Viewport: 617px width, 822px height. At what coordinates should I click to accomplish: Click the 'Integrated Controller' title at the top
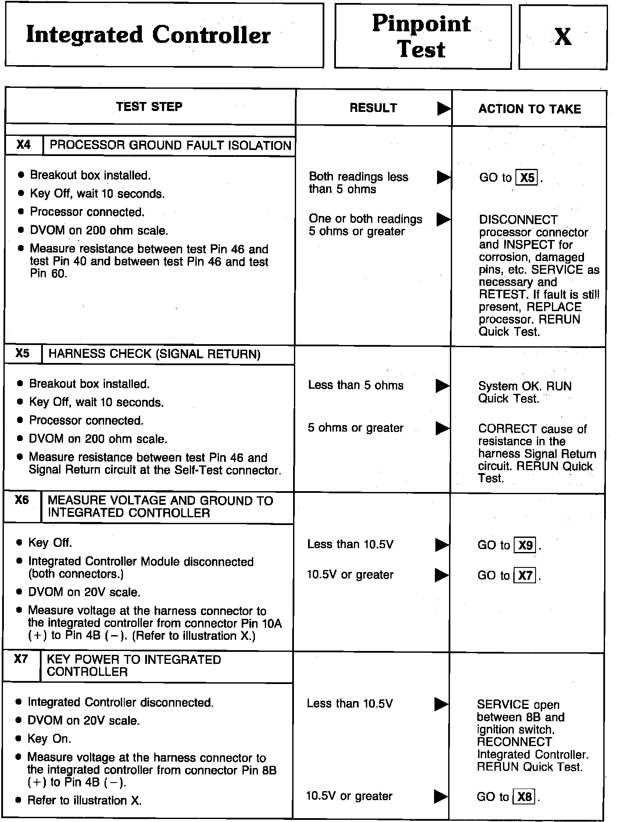[x=148, y=35]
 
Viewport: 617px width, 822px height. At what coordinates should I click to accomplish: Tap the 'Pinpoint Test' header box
[x=422, y=36]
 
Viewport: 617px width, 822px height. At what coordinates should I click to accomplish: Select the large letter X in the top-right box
[x=563, y=37]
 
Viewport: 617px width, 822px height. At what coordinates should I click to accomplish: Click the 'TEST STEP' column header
[x=149, y=106]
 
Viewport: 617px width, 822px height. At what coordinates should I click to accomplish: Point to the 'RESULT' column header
[x=373, y=108]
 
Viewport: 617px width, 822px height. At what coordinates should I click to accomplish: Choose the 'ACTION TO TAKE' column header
[x=530, y=109]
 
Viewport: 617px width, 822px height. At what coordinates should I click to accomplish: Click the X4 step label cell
[x=24, y=145]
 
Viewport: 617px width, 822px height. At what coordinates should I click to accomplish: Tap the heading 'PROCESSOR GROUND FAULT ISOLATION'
[x=170, y=145]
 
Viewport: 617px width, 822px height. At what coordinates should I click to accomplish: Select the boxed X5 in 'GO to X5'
[x=527, y=177]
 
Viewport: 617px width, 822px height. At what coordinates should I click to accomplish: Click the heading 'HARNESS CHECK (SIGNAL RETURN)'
[x=154, y=354]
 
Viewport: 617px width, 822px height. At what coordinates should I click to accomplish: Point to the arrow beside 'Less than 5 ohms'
[x=443, y=386]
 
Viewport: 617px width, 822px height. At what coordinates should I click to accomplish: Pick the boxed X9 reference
[x=525, y=545]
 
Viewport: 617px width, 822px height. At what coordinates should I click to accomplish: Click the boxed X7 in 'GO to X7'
[x=525, y=576]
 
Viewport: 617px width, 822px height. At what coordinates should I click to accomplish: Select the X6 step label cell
[x=22, y=500]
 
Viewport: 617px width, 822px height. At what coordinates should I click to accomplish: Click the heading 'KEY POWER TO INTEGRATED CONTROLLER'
[x=134, y=666]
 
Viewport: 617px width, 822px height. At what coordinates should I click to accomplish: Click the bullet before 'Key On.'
[x=18, y=739]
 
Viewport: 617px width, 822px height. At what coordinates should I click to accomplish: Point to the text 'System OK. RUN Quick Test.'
[x=524, y=392]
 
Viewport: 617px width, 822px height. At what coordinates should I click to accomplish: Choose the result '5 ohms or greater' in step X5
[x=356, y=428]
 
